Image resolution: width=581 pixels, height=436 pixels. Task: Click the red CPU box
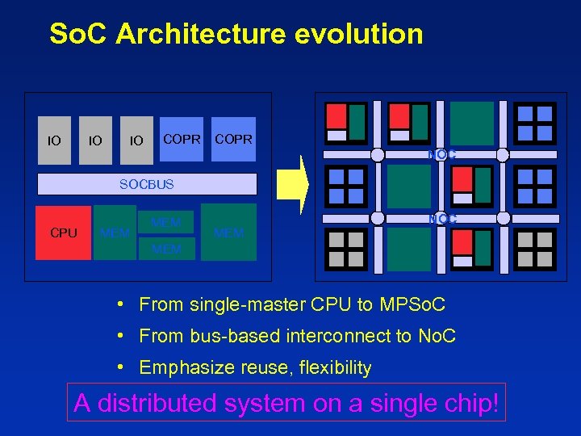click(x=64, y=233)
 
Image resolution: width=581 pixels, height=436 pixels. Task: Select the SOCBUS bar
click(x=147, y=184)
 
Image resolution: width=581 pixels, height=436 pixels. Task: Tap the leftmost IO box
click(x=54, y=140)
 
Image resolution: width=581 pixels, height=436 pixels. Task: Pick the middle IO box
click(x=95, y=140)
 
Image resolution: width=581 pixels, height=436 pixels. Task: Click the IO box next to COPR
click(x=137, y=140)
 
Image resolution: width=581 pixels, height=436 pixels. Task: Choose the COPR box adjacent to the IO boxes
click(x=182, y=139)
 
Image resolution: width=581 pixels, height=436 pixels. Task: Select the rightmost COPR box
click(x=233, y=139)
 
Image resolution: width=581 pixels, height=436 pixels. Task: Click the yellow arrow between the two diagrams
click(x=294, y=184)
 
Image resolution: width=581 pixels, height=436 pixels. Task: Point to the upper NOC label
click(x=442, y=154)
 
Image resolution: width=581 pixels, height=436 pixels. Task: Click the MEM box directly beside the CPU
click(x=115, y=233)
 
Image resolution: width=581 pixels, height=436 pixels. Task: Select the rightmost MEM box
click(x=229, y=233)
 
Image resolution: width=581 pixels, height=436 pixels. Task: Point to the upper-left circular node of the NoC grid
click(x=377, y=155)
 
